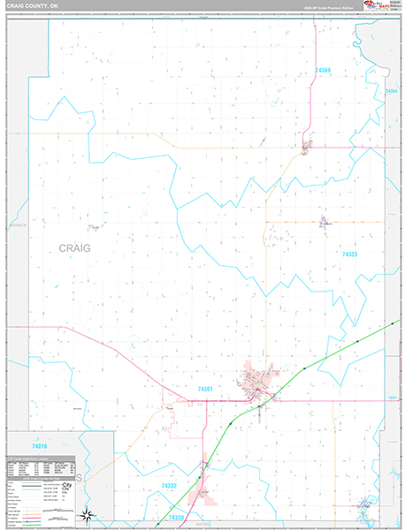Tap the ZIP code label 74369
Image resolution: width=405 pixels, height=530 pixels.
click(322, 69)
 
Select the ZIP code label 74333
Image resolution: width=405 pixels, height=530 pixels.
click(349, 254)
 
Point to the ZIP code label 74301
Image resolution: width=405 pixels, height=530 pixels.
click(206, 389)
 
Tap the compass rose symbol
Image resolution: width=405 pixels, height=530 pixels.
click(88, 514)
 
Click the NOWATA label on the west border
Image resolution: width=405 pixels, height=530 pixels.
click(18, 225)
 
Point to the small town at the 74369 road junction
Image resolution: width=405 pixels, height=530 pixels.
click(306, 146)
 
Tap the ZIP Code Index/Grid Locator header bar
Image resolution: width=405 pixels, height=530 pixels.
click(59, 435)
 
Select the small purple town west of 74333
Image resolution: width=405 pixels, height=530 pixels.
click(324, 223)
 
